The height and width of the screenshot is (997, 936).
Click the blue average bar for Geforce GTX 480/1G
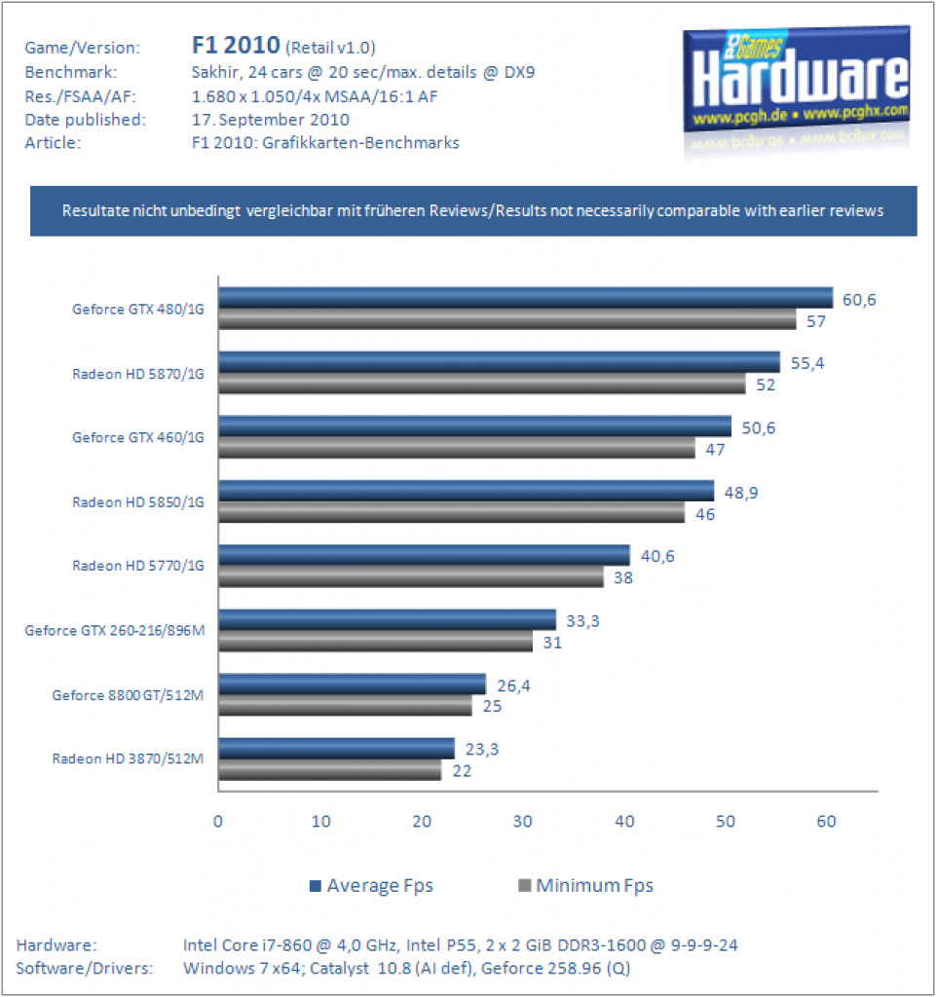coord(526,298)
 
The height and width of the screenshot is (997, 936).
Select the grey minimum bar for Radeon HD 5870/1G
coord(482,384)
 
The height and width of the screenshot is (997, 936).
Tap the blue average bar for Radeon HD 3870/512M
coord(336,749)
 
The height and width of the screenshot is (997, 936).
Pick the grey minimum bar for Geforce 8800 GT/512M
coord(345,705)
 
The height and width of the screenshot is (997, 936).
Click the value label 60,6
coord(859,300)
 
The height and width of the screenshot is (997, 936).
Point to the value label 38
coord(623,578)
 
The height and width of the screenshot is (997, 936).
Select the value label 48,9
coord(741,493)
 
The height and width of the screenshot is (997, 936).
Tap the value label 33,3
coord(582,621)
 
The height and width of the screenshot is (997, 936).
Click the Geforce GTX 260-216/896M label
coord(115,630)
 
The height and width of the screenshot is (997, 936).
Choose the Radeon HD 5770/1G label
coord(138,566)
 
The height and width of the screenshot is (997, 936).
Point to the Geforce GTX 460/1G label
coord(138,437)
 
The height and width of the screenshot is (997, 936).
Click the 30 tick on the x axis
coord(523,822)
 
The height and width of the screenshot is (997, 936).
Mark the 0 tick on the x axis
coord(218,822)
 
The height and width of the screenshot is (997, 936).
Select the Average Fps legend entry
coord(371,886)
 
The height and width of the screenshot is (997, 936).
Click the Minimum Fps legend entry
coord(586,886)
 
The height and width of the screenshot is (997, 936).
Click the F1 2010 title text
coord(236,45)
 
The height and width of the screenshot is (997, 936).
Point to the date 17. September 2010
coord(271,120)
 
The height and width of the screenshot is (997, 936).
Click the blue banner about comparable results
coord(473,211)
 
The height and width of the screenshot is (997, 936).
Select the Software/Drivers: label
coord(85,969)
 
